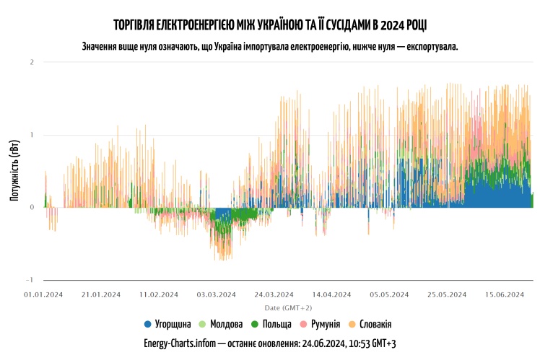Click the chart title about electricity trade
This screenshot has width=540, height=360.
(x=270, y=26)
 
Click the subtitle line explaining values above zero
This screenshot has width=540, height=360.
(x=270, y=46)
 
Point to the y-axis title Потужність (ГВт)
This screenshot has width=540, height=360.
(x=14, y=171)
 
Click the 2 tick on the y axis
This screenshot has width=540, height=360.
(x=32, y=62)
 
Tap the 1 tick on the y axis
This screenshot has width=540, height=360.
(x=32, y=135)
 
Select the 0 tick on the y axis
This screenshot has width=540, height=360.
(x=32, y=207)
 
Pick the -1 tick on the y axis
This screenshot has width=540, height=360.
(x=30, y=280)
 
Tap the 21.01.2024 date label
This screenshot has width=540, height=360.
(x=101, y=294)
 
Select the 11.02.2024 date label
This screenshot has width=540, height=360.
(x=159, y=294)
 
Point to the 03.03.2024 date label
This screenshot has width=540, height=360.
(x=217, y=294)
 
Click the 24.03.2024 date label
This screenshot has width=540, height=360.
(x=274, y=294)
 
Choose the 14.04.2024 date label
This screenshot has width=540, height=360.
(x=332, y=294)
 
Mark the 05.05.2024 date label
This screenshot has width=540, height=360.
(x=390, y=294)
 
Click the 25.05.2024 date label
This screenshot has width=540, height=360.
(x=448, y=294)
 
